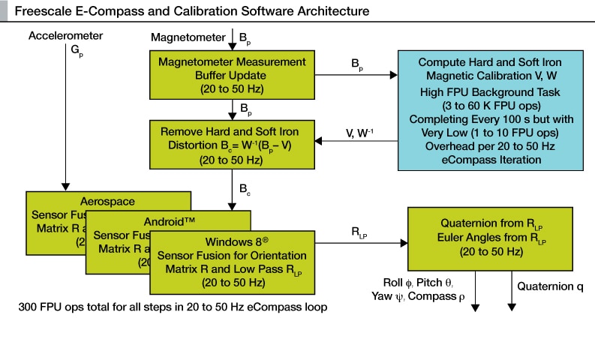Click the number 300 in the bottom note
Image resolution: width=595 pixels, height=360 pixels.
tap(29, 307)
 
